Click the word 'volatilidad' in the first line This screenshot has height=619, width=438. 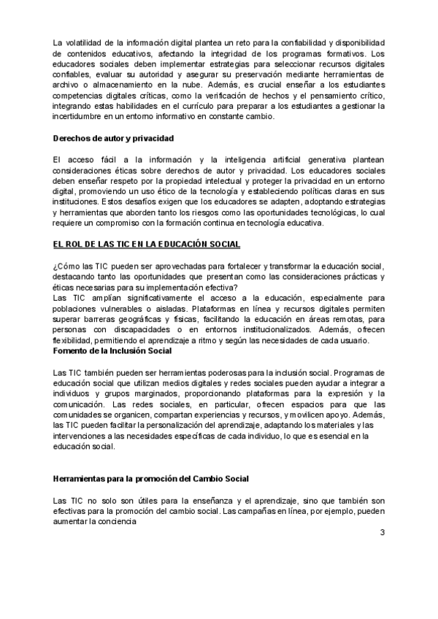click(x=85, y=44)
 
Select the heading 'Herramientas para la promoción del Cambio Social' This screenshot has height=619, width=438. click(x=151, y=478)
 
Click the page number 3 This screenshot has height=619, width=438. click(x=382, y=532)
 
